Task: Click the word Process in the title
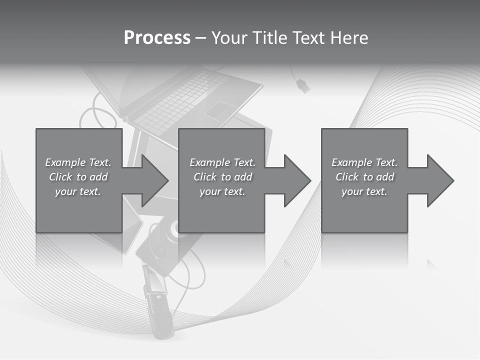pyautogui.click(x=157, y=38)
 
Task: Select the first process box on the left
pyautogui.click(x=78, y=210)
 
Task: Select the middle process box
pyautogui.click(x=221, y=210)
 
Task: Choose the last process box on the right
pyautogui.click(x=364, y=210)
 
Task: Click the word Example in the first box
pyautogui.click(x=65, y=162)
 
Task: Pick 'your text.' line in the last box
pyautogui.click(x=364, y=191)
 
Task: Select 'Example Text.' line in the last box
pyautogui.click(x=364, y=162)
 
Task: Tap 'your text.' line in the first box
pyautogui.click(x=78, y=191)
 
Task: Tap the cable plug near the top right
pyautogui.click(x=302, y=85)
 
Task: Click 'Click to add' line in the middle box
pyautogui.click(x=222, y=177)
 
